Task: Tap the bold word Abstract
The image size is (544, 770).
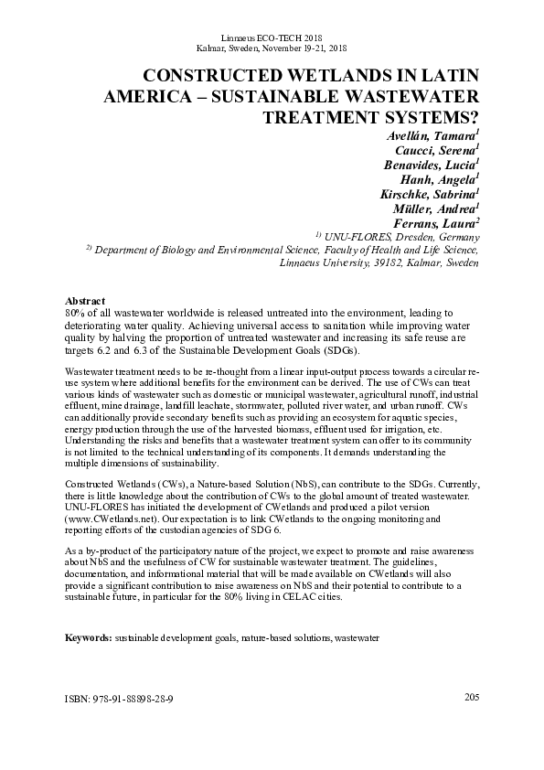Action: click(x=85, y=301)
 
